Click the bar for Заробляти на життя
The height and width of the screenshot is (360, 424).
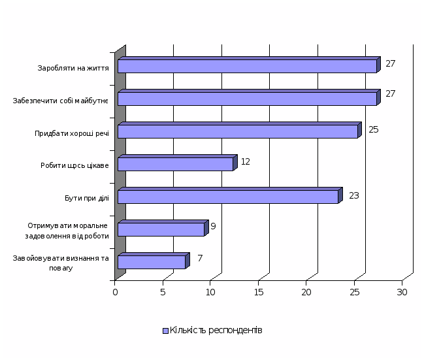(247, 66)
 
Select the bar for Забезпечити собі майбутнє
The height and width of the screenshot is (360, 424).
(247, 99)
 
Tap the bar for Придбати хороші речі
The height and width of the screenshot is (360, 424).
(238, 131)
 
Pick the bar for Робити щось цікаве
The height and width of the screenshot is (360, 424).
(175, 164)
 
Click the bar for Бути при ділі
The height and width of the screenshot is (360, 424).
(228, 197)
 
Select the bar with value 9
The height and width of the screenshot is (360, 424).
(161, 229)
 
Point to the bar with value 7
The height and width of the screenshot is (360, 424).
(152, 262)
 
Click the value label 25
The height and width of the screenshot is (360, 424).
(374, 129)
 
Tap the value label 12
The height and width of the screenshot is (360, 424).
(246, 161)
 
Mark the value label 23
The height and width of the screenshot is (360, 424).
(354, 195)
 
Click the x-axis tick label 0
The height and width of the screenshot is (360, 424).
(115, 292)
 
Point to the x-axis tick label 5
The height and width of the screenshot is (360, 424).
(163, 292)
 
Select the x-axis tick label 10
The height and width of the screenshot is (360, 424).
(211, 292)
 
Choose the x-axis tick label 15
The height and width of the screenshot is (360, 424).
(259, 292)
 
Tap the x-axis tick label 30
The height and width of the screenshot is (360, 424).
(402, 292)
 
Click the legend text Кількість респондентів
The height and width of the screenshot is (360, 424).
(216, 331)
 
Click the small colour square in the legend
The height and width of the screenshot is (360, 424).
(165, 331)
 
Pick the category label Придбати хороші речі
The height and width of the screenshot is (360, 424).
(72, 133)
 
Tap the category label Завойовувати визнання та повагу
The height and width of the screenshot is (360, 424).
(60, 263)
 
